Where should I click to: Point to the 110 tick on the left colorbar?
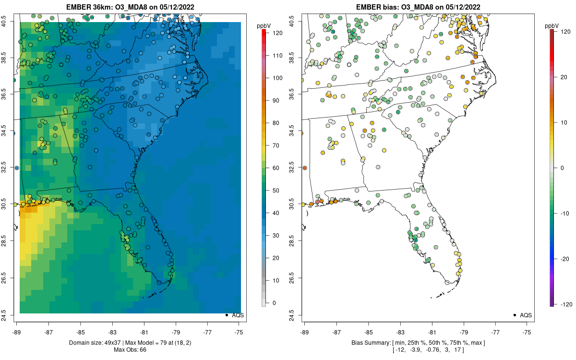coord(267,55)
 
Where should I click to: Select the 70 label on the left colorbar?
coord(276,145)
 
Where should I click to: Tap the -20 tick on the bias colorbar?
coord(555,259)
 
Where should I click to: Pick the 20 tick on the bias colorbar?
coord(555,77)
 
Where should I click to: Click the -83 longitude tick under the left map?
coord(112,324)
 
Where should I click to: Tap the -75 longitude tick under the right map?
coord(527,324)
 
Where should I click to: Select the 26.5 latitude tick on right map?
coord(300,278)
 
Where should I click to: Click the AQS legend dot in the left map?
coord(227,315)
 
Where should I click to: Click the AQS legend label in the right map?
coord(526,315)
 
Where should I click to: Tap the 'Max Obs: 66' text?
coord(130,350)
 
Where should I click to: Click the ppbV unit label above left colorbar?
coord(264,26)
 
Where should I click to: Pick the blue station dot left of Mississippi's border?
coord(17,168)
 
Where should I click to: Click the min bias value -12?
coord(400,350)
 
